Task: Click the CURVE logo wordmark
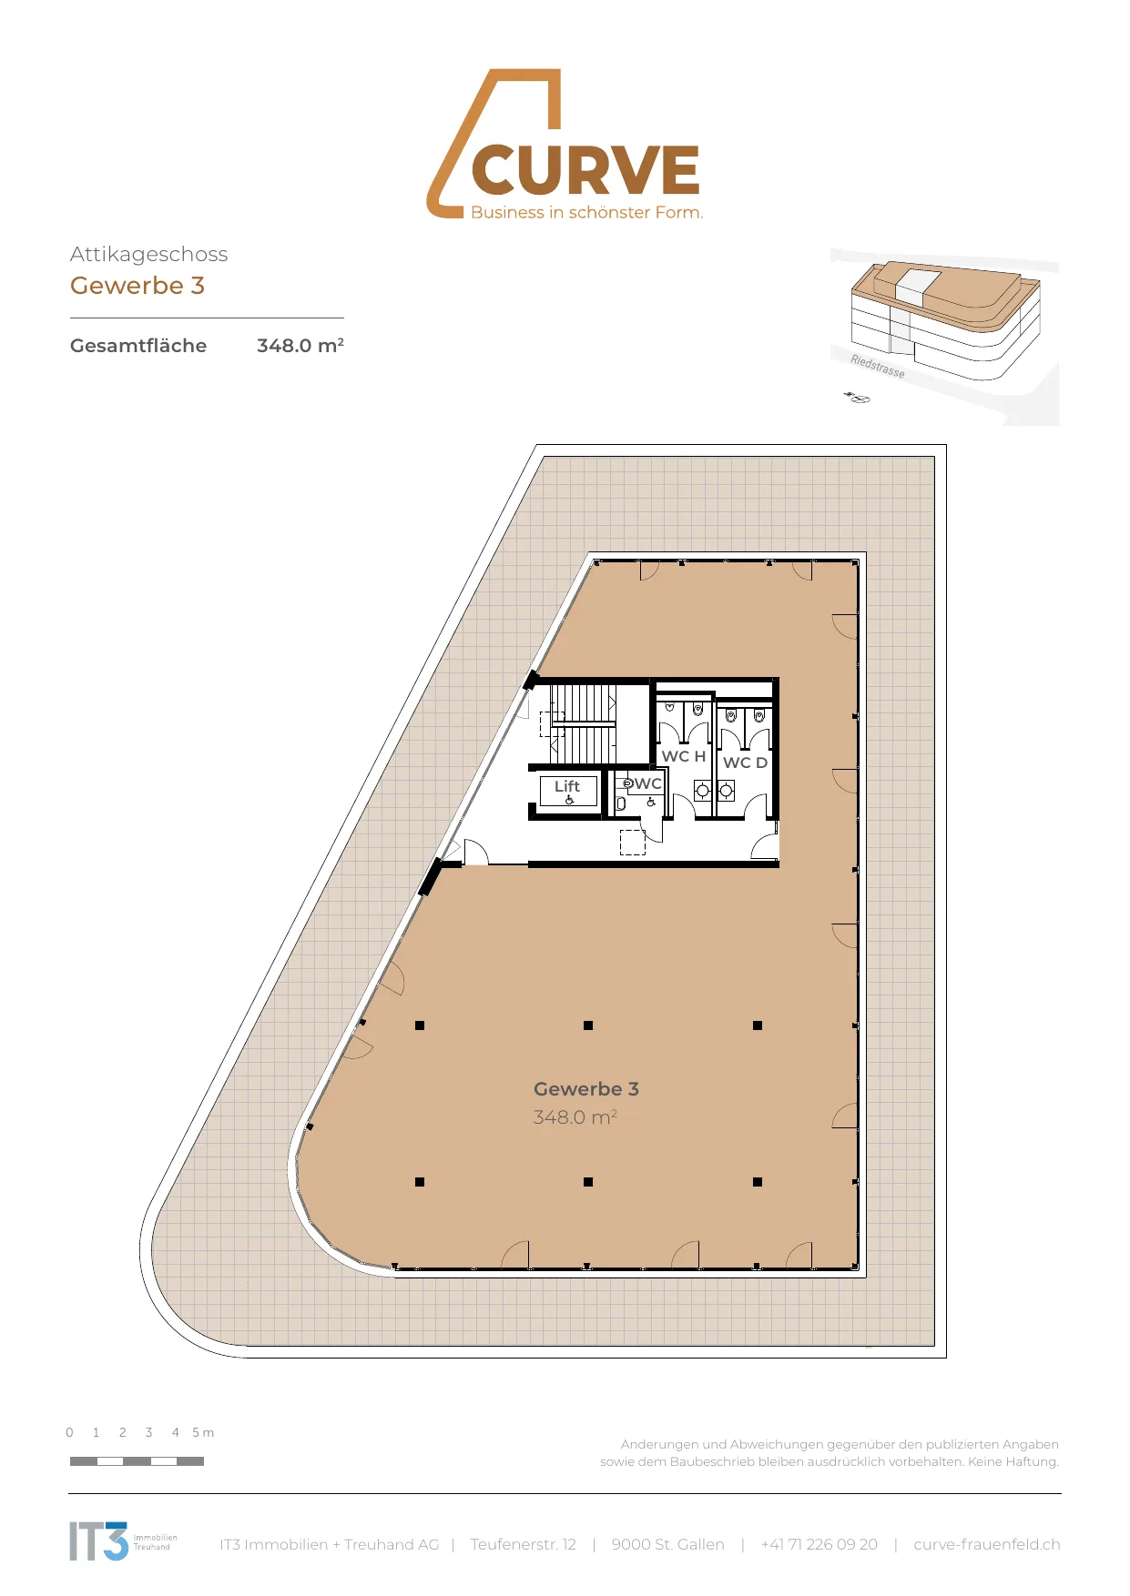point(585,170)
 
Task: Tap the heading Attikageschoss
point(148,255)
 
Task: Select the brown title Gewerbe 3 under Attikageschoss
point(137,286)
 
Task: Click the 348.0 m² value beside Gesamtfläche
point(300,346)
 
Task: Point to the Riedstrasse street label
point(878,366)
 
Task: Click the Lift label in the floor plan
point(567,786)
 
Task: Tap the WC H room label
point(684,756)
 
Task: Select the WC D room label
point(745,763)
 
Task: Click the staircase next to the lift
point(584,724)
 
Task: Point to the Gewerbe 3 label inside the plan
point(586,1089)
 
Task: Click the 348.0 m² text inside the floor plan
point(575,1117)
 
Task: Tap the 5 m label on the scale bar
point(203,1432)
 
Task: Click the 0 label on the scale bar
point(70,1432)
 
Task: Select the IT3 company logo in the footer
point(123,1540)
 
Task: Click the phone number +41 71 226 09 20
point(820,1544)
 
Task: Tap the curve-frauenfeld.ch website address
point(987,1544)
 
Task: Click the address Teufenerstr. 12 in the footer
point(524,1544)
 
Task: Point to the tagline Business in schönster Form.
point(587,213)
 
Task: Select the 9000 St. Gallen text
point(668,1544)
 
